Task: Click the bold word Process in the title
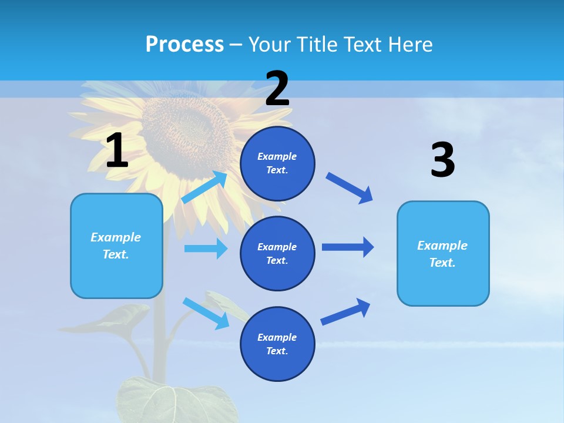(184, 45)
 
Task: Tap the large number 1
(117, 151)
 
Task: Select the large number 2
(277, 89)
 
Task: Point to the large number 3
(442, 160)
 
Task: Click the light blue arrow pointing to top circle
(204, 187)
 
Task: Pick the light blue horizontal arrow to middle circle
(206, 249)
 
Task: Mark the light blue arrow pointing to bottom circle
(206, 313)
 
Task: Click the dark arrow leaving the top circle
(350, 187)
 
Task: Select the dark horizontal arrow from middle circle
(348, 247)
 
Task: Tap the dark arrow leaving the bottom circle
(345, 311)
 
